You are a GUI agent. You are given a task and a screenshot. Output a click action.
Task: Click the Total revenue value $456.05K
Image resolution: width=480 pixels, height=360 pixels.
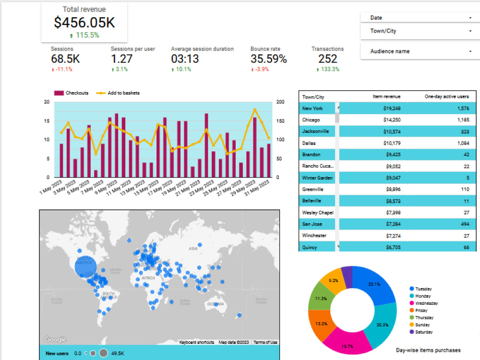(x=84, y=23)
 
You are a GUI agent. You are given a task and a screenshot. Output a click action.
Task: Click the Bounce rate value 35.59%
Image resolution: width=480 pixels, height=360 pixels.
(x=268, y=59)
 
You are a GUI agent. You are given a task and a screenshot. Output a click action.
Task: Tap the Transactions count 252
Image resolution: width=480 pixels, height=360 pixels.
(x=328, y=59)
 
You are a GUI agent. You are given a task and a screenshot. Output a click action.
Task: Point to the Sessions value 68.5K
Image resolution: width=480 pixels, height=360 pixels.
(x=65, y=59)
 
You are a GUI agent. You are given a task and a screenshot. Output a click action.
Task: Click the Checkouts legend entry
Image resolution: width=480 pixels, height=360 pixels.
(x=72, y=93)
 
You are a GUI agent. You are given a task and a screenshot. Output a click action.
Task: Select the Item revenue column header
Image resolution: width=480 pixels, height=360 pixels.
(x=386, y=97)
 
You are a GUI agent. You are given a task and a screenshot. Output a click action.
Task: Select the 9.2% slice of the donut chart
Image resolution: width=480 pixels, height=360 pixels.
(x=333, y=281)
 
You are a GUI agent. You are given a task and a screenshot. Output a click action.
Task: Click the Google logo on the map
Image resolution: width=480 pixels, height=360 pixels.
(x=55, y=339)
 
